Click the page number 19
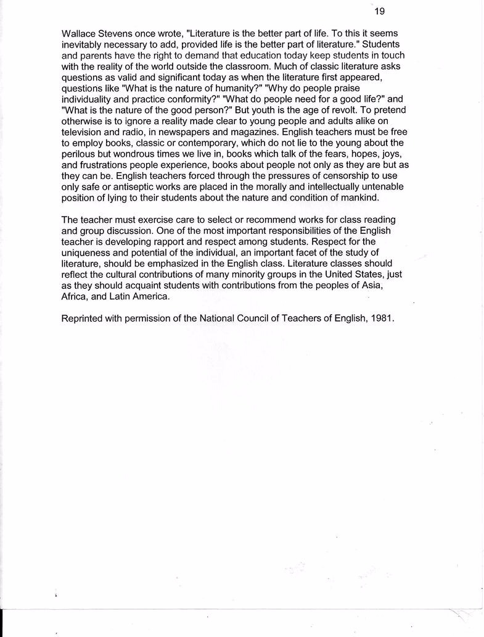coord(379,11)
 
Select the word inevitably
coord(85,45)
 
